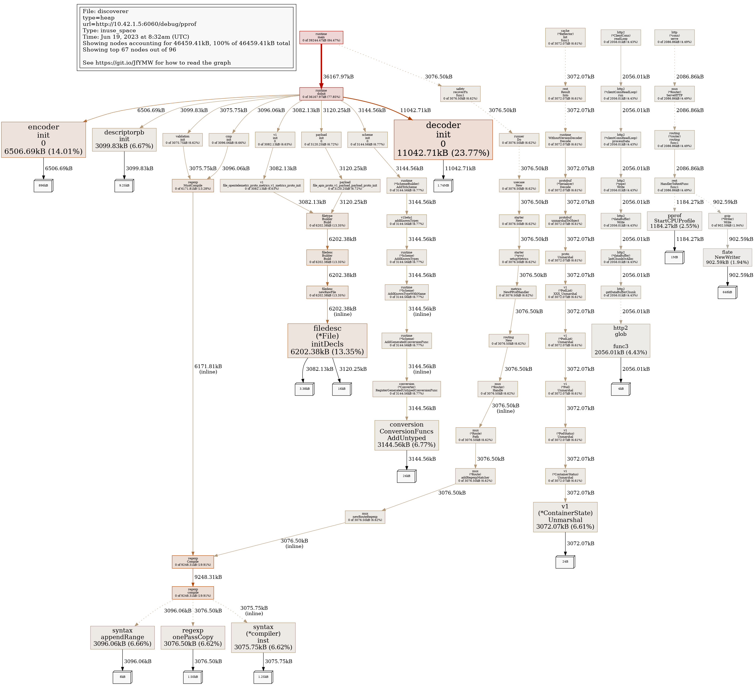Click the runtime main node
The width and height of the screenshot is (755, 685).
321,37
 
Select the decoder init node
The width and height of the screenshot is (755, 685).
443,140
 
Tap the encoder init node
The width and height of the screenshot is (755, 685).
43,140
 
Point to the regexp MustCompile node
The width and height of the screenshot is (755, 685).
193,185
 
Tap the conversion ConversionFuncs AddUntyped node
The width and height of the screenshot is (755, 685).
406,435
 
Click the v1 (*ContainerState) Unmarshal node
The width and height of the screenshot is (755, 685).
565,517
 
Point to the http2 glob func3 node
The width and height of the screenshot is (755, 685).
621,340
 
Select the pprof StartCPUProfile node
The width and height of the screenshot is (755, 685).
674,221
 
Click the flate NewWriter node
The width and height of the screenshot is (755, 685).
727,257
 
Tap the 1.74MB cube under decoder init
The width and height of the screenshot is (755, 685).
443,186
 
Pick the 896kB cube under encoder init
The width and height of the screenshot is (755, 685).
43,186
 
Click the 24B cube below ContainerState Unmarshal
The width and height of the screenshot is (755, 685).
565,562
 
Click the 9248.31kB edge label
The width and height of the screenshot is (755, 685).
208,577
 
